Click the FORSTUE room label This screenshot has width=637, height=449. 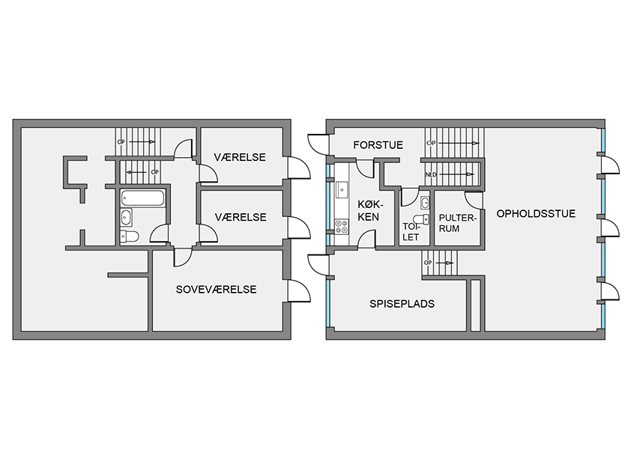pyautogui.click(x=378, y=145)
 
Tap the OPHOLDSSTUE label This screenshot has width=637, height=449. pyautogui.click(x=536, y=214)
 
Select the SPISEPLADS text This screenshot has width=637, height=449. pyautogui.click(x=402, y=304)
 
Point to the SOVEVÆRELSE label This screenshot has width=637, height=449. pyautogui.click(x=216, y=290)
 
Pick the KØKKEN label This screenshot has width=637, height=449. pyautogui.click(x=369, y=210)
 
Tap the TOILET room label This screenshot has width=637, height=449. pyautogui.click(x=411, y=231)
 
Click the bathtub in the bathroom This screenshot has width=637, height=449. pyautogui.click(x=142, y=198)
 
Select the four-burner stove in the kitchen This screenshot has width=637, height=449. pyautogui.click(x=341, y=226)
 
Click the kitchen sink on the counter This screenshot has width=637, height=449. pyautogui.click(x=342, y=190)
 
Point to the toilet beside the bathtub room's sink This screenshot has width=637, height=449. pyautogui.click(x=130, y=236)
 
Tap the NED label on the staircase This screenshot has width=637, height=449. pyautogui.click(x=431, y=175)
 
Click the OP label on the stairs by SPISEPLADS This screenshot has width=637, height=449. pyautogui.click(x=427, y=263)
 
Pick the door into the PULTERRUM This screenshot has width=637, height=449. pyautogui.click(x=474, y=201)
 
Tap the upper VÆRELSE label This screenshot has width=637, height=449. pyautogui.click(x=240, y=157)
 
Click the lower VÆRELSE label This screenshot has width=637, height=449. pyautogui.click(x=241, y=218)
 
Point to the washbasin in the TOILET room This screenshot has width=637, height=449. pyautogui.click(x=425, y=202)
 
